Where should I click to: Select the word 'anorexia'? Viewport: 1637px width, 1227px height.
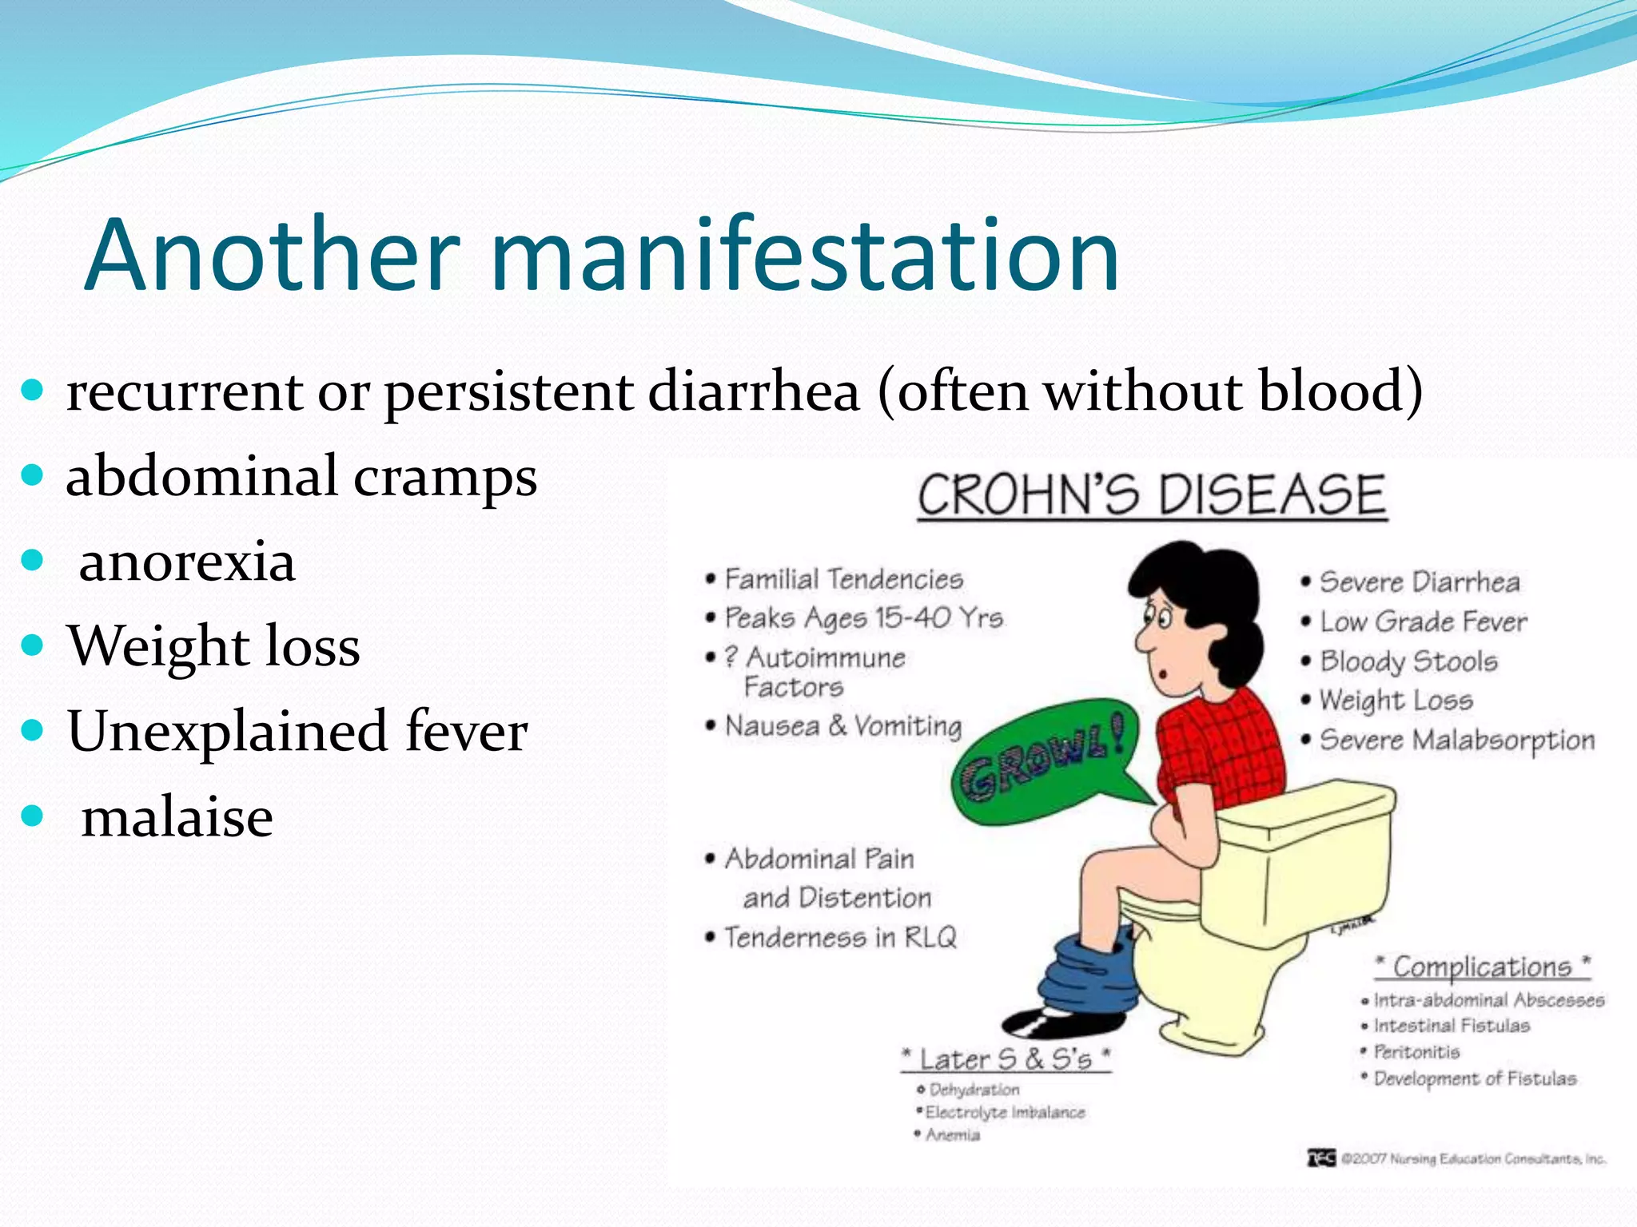[x=187, y=562]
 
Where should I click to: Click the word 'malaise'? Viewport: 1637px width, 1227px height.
[x=177, y=817]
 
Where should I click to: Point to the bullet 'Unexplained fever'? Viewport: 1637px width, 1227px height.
[x=297, y=731]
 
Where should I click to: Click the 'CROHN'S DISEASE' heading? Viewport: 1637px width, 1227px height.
[x=1151, y=495]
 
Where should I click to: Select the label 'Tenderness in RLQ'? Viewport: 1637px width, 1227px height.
[x=839, y=937]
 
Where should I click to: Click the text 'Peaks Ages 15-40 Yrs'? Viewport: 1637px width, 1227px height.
[x=863, y=617]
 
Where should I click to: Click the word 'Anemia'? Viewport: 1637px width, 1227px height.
[x=952, y=1135]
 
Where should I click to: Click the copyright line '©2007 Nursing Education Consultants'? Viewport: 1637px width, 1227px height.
[x=1471, y=1158]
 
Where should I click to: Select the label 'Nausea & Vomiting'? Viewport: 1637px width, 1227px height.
[x=842, y=726]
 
